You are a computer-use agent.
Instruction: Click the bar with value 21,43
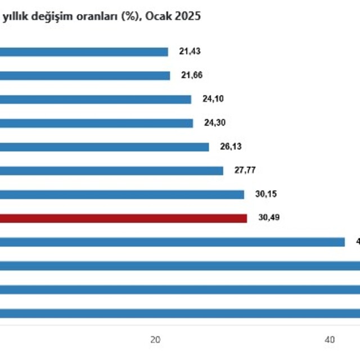(84, 52)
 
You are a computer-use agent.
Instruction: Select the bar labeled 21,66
(84, 75)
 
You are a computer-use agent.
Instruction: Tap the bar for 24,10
(96, 100)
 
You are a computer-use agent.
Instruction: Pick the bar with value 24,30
(96, 123)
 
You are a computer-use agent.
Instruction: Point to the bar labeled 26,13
(104, 147)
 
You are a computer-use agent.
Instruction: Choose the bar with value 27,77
(111, 170)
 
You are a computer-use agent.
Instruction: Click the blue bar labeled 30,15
(122, 195)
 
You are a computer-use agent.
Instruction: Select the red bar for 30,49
(123, 218)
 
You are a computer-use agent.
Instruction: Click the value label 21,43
(190, 51)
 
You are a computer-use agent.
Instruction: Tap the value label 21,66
(191, 75)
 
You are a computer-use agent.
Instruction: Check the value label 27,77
(245, 170)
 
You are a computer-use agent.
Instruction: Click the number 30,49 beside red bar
(268, 218)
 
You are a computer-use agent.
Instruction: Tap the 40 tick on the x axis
(330, 339)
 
